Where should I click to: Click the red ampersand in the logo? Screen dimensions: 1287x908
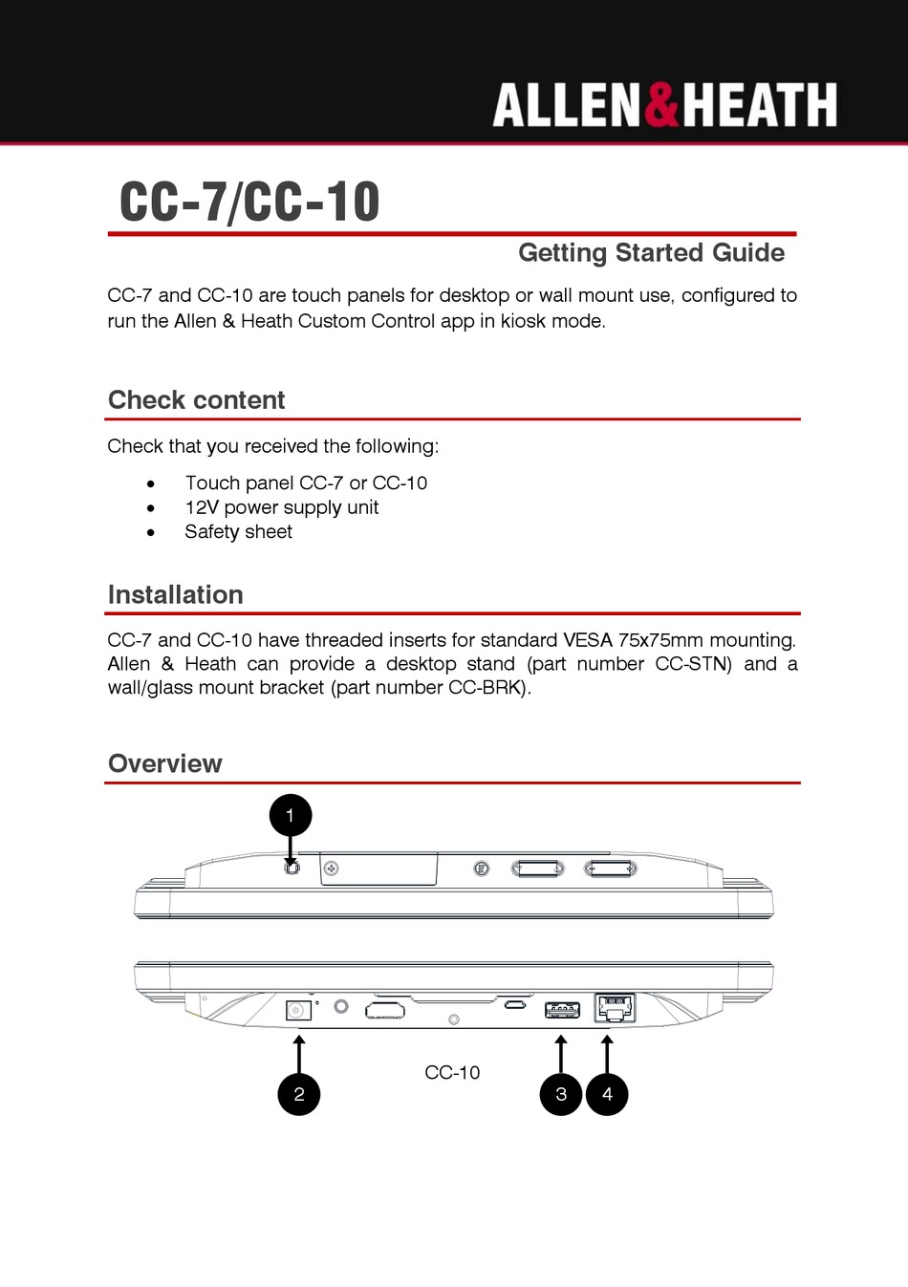point(661,105)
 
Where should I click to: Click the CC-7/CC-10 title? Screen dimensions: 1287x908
point(249,202)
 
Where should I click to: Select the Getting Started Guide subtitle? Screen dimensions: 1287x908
point(651,253)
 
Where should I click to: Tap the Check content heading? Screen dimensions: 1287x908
point(196,400)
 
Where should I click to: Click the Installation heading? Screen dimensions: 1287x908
point(175,594)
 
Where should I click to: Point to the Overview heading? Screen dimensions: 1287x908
point(164,763)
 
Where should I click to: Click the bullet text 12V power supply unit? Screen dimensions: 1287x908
point(281,507)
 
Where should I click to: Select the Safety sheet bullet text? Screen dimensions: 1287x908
point(238,532)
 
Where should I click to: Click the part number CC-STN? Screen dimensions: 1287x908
point(693,664)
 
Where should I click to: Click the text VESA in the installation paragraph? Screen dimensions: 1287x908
point(587,640)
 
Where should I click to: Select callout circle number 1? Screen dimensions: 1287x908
point(291,816)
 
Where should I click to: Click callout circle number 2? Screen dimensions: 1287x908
point(299,1094)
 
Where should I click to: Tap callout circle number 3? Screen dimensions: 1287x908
point(561,1094)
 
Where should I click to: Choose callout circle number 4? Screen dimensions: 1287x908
point(607,1094)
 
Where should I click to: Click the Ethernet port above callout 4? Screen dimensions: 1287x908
point(615,1008)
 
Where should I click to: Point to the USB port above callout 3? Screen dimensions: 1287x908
point(562,1010)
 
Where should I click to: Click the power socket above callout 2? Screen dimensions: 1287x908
point(298,1010)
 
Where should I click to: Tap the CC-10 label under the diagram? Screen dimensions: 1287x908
point(452,1073)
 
